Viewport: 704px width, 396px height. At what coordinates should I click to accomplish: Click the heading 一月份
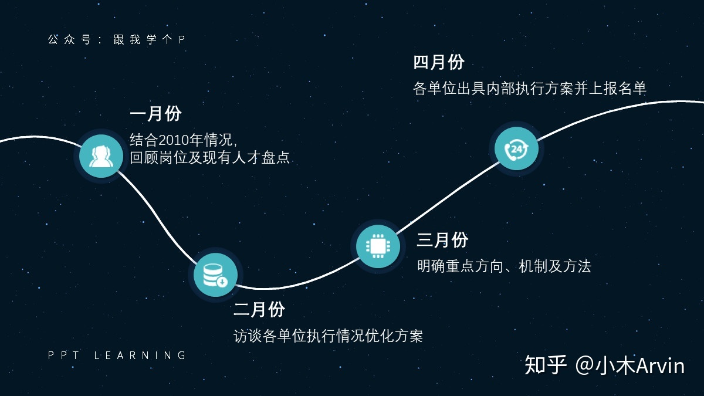tap(155, 114)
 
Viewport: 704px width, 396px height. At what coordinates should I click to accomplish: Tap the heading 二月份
tap(259, 309)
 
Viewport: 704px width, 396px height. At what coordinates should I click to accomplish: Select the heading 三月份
tap(442, 239)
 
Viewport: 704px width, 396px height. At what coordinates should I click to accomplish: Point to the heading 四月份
tap(439, 62)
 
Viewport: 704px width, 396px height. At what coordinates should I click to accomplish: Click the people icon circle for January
tap(101, 156)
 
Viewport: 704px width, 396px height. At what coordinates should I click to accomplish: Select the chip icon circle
tap(378, 246)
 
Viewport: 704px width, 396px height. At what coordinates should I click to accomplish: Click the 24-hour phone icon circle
tap(516, 149)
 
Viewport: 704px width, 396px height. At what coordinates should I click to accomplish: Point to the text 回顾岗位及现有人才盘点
tap(210, 158)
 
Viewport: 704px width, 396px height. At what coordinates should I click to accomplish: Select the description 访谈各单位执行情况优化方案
tap(328, 336)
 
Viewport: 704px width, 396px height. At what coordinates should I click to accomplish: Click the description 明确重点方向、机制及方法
tap(504, 266)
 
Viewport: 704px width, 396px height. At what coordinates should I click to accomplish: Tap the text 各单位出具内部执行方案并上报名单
tap(529, 88)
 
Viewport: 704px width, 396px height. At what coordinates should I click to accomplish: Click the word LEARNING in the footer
tap(140, 355)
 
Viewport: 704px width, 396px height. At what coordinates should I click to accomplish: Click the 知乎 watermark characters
tap(546, 365)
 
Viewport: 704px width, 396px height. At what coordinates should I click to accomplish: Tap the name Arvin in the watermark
tap(660, 365)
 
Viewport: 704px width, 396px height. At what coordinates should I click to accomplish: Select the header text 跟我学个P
tap(150, 40)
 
